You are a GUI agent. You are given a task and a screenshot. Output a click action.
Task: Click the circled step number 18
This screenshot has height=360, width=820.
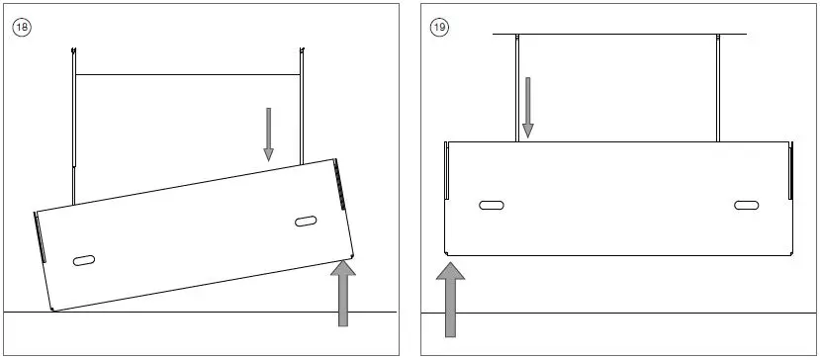tap(22, 27)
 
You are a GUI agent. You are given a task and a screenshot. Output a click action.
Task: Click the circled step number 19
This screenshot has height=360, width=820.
tap(440, 27)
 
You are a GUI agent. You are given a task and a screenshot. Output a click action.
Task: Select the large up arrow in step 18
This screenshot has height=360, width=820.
tap(343, 292)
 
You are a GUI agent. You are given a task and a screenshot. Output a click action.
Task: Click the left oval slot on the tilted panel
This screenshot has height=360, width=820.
tap(84, 260)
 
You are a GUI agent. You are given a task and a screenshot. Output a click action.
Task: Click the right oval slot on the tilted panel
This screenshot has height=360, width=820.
tap(306, 221)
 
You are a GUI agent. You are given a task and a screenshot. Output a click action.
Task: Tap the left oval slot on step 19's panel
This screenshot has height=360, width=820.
tap(492, 206)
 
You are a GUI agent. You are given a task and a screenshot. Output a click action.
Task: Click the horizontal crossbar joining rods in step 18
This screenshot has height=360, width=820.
tap(187, 75)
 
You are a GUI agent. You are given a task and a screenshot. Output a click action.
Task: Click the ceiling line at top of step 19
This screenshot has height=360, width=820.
tap(618, 35)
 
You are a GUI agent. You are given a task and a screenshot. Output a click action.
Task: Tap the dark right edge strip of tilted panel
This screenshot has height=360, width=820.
tap(340, 187)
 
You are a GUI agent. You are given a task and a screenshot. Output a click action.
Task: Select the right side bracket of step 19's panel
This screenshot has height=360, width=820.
tap(790, 168)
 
